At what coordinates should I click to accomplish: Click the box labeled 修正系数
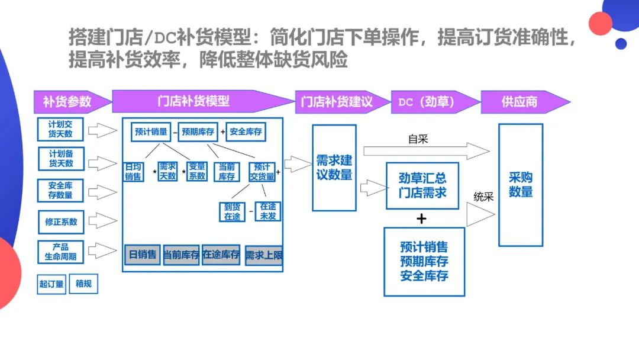point(61,222)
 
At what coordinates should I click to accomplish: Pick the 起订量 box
point(51,284)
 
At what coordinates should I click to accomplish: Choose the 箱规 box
point(83,284)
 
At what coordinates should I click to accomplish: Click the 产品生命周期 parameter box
point(61,252)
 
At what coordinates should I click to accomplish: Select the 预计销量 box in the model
point(151,131)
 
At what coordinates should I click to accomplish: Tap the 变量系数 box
point(197,171)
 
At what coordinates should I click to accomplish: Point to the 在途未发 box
point(268,211)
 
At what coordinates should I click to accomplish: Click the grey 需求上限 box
point(264,255)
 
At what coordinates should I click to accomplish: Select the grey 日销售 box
point(142,255)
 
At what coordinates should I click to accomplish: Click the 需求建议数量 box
point(334,168)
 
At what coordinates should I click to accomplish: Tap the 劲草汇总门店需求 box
point(422,186)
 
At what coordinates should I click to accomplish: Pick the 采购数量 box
point(521,185)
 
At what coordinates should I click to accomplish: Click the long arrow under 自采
point(427,151)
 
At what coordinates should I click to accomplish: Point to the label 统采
point(484,197)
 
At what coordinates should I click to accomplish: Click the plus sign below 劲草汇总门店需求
point(421,219)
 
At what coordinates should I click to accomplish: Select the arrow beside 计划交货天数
point(103,130)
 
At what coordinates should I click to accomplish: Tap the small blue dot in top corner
point(621,44)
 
